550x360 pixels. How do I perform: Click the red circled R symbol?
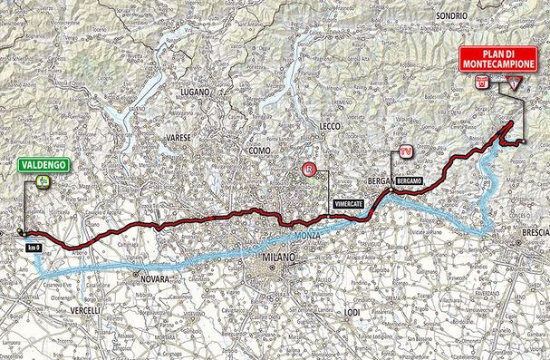click(311, 169)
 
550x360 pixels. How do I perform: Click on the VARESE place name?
click(177, 137)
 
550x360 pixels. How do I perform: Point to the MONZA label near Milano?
click(307, 236)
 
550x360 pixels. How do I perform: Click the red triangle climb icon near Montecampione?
click(515, 84)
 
